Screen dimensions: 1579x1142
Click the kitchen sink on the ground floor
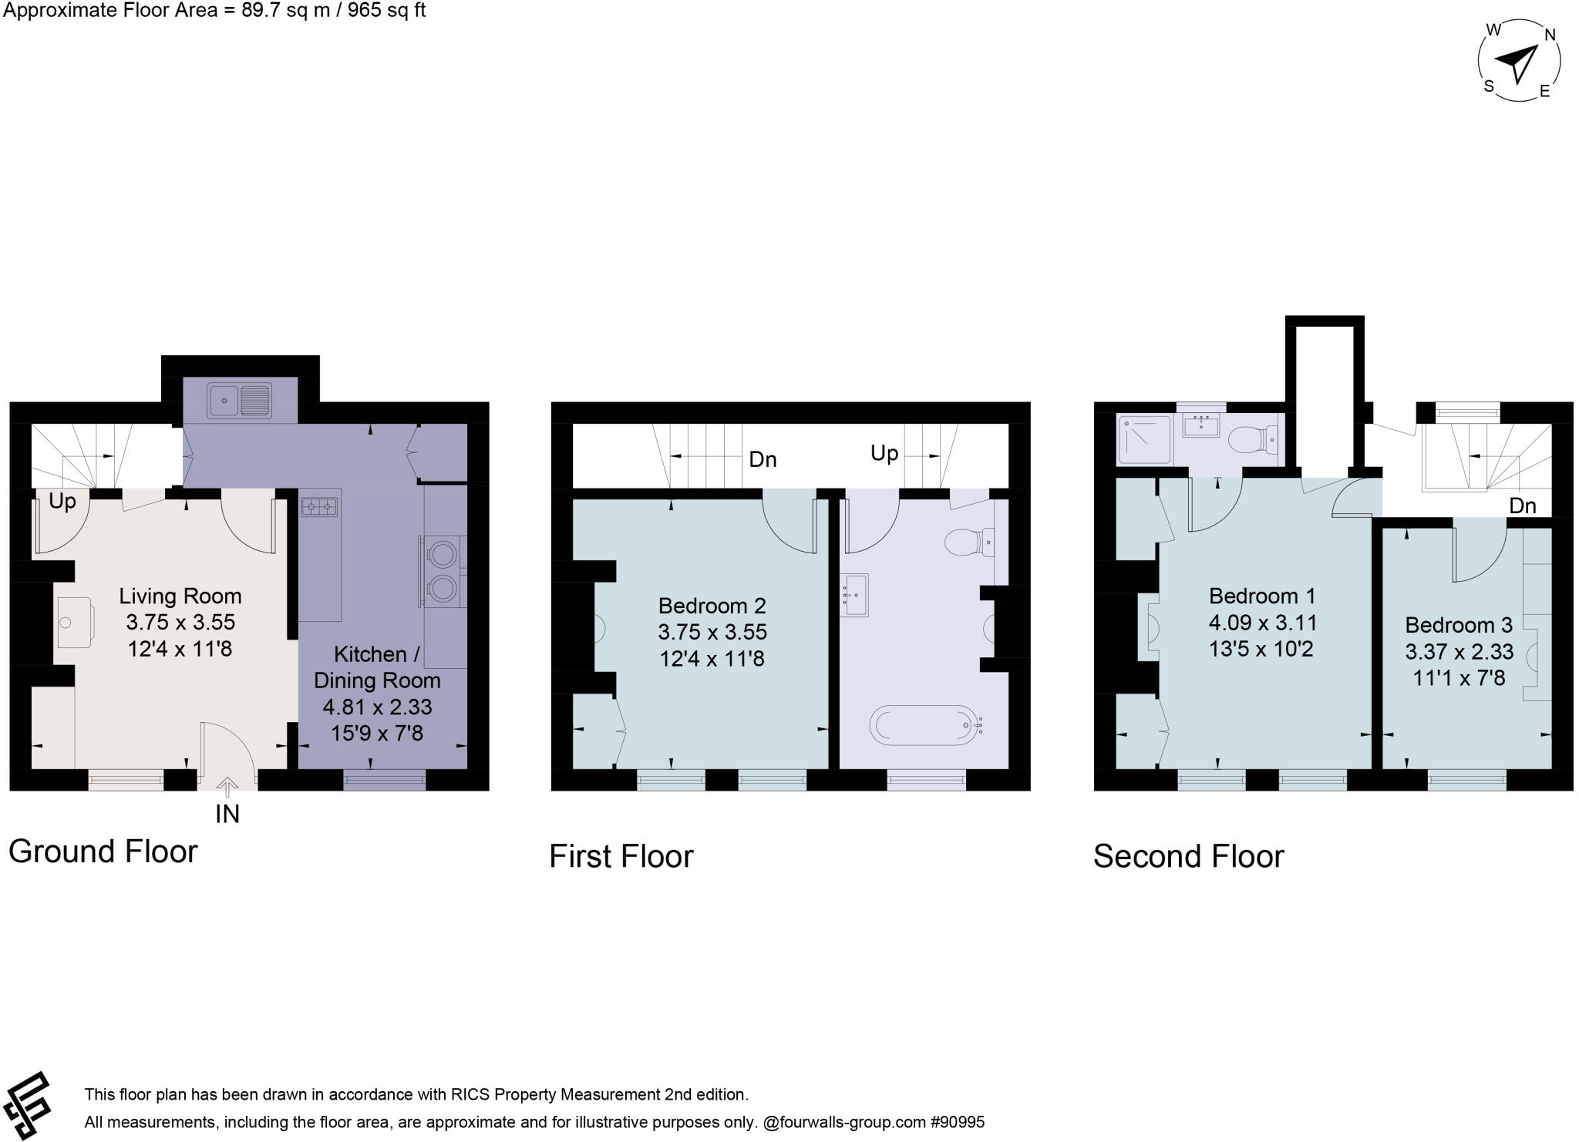click(x=240, y=400)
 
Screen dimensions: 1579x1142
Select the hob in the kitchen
click(x=321, y=506)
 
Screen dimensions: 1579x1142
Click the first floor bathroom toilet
click(x=971, y=541)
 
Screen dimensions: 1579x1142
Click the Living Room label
click(x=180, y=596)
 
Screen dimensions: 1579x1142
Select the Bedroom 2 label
click(x=712, y=606)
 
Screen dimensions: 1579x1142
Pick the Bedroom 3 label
click(x=1459, y=625)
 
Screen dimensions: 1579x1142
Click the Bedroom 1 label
click(x=1262, y=596)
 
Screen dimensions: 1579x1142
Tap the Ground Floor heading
click(x=103, y=851)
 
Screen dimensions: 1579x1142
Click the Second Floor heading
click(x=1188, y=857)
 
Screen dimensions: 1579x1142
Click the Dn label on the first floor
click(x=763, y=460)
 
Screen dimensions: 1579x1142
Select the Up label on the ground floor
click(x=62, y=502)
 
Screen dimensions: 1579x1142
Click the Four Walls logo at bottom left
click(x=27, y=1106)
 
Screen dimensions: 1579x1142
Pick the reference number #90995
click(x=958, y=1123)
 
